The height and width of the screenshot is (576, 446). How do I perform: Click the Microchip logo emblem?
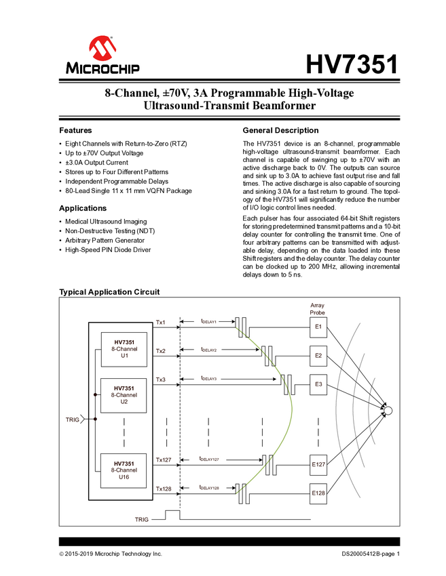pos(103,48)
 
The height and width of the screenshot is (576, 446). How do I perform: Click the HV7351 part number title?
pos(352,64)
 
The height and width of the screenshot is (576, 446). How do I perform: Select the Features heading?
pos(75,130)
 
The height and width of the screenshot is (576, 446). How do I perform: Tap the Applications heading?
pos(83,208)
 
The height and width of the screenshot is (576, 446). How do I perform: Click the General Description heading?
pos(280,130)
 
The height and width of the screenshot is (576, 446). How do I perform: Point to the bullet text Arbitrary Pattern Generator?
pos(105,241)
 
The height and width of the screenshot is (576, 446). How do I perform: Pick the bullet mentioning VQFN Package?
pos(128,191)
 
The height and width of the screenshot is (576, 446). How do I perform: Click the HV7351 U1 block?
pos(124,350)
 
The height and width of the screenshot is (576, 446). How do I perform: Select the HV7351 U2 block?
pos(124,395)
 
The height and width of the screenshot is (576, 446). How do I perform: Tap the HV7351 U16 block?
pos(124,470)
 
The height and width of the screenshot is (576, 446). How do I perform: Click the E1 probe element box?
pos(318,327)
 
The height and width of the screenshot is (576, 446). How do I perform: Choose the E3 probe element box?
pos(318,384)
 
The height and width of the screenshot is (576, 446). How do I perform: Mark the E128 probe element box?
pos(318,493)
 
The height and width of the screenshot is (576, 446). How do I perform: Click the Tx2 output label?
pos(160,351)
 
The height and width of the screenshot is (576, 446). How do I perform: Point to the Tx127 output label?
pos(164,460)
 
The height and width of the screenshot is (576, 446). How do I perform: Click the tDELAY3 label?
pos(208,378)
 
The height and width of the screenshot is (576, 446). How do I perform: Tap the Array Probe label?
pos(317,309)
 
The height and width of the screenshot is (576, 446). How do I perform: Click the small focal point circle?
pos(388,411)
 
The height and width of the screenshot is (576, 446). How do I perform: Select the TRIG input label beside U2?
pos(72,419)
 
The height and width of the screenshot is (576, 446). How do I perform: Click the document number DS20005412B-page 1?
pos(370,554)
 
